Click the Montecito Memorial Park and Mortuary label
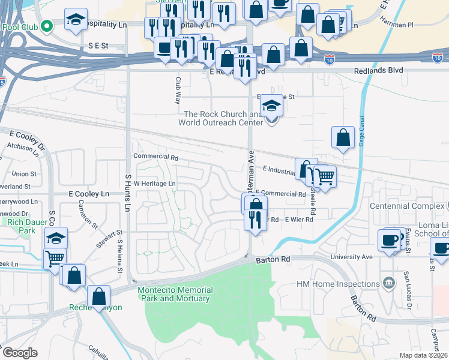[x=174, y=294]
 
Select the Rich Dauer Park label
[x=17, y=226]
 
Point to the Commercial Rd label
[x=156, y=157]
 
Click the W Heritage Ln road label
[x=154, y=184]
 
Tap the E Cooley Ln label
[x=89, y=194]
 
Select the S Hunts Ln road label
[x=127, y=193]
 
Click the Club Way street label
[x=178, y=90]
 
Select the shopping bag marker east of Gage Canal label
[x=343, y=137]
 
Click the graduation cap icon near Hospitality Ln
[x=76, y=19]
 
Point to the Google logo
[x=20, y=353]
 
